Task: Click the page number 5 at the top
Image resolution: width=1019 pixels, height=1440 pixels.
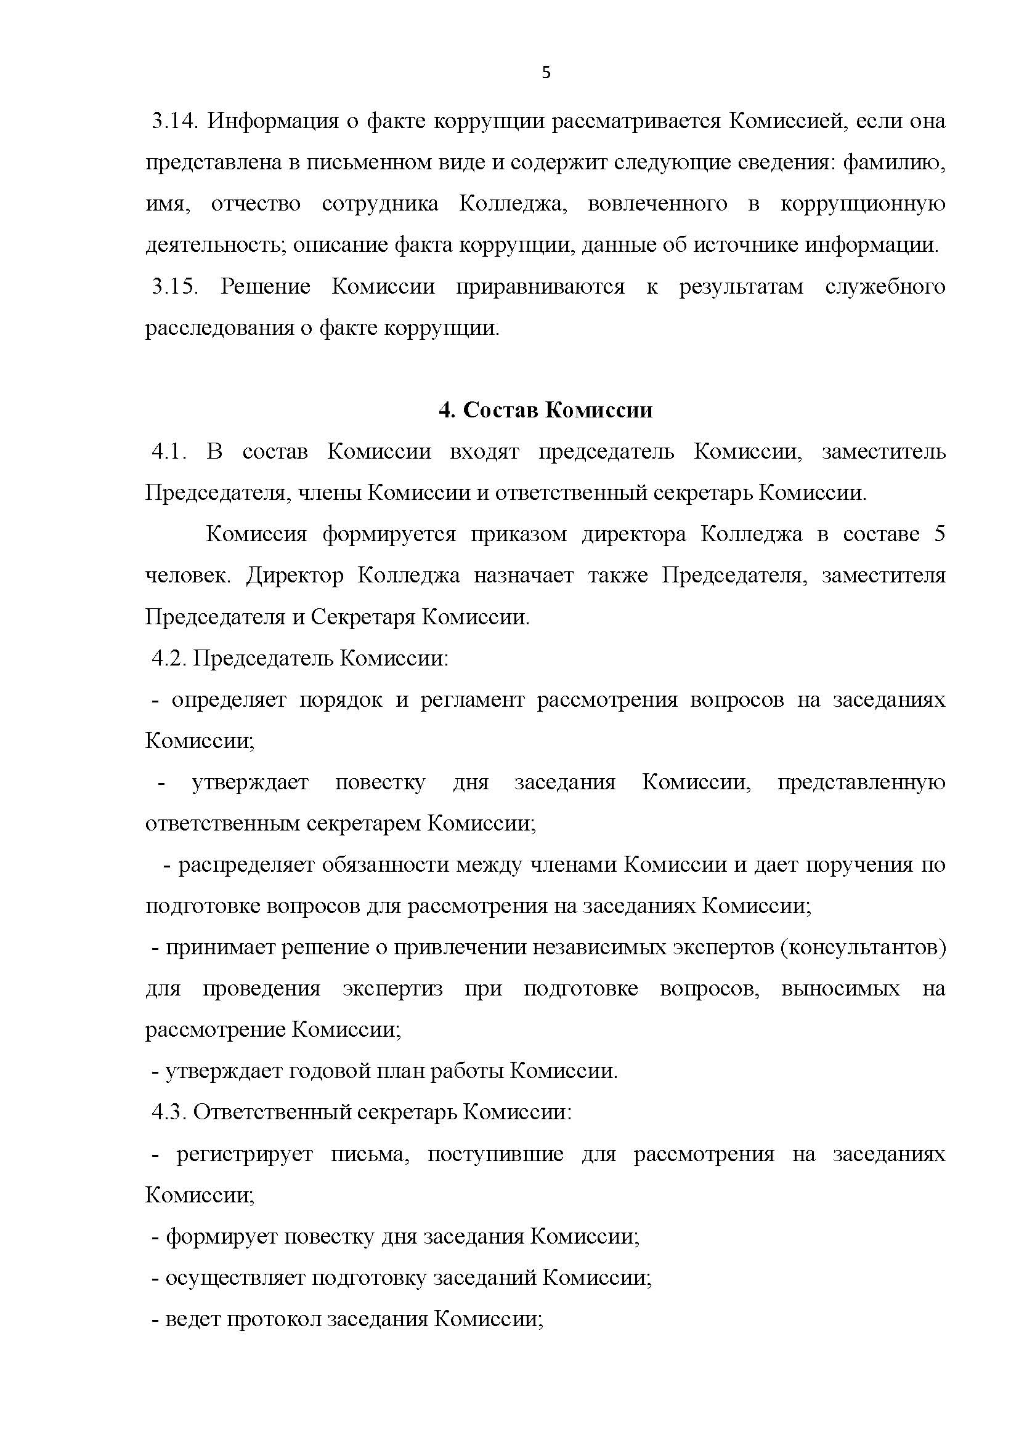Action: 546,73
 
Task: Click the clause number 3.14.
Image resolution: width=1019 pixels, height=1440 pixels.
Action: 174,121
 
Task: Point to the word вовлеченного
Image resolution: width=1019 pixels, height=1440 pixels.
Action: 657,203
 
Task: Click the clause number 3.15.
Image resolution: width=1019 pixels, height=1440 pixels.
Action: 174,287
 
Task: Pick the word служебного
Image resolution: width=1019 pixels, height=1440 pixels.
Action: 885,287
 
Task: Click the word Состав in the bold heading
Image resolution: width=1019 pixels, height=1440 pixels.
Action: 499,410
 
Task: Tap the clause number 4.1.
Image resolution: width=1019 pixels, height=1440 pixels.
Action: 169,451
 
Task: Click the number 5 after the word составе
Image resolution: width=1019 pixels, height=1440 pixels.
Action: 939,534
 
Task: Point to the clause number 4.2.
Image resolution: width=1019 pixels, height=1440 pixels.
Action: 169,658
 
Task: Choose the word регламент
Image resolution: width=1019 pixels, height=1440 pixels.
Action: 472,699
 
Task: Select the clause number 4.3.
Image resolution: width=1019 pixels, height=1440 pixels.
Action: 169,1112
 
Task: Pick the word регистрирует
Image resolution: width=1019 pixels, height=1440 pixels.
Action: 245,1154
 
